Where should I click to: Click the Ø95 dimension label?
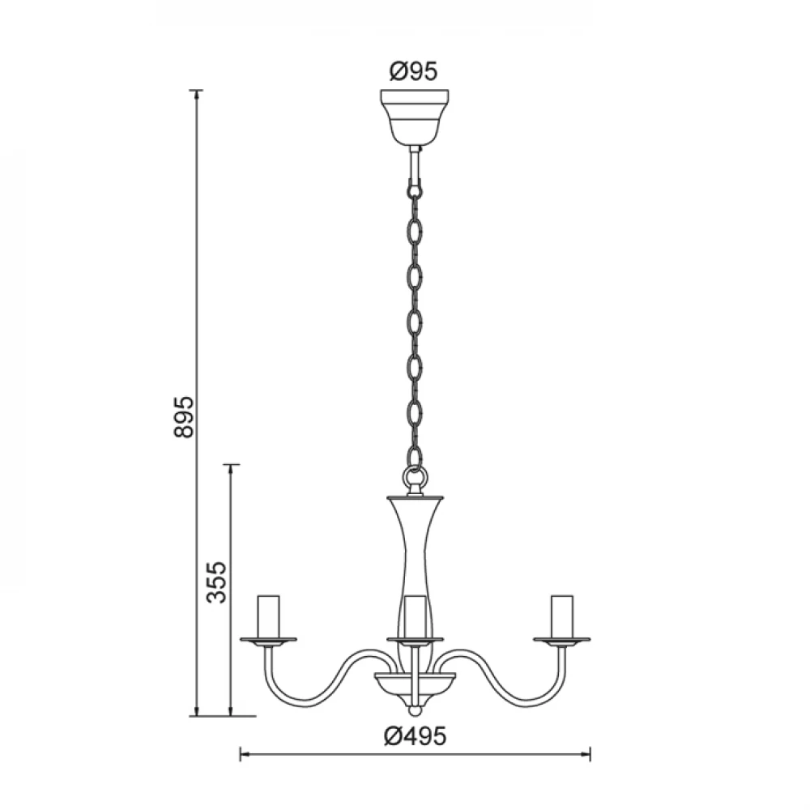pos(413,71)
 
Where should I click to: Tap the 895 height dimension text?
pos(184,417)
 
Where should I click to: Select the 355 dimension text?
pos(216,582)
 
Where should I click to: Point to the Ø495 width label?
pos(414,735)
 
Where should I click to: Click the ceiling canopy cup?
pos(414,117)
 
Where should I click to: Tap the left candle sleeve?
pos(269,616)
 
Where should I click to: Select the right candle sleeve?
pos(562,616)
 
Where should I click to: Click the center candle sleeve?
pos(415,616)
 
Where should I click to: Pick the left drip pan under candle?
pos(269,642)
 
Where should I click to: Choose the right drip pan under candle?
pos(562,642)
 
